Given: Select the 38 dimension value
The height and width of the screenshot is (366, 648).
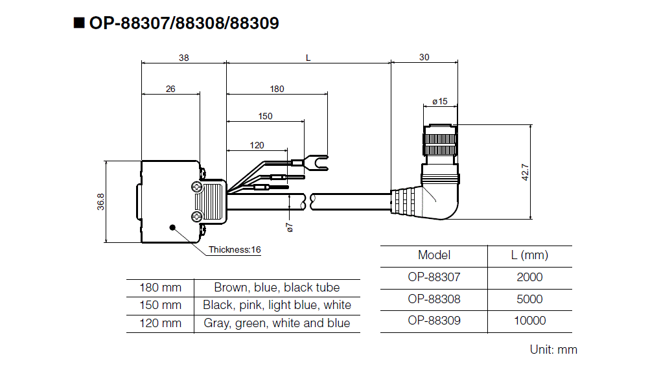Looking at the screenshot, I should (x=184, y=57).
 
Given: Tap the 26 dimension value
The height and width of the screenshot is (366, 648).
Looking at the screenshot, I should (x=170, y=89).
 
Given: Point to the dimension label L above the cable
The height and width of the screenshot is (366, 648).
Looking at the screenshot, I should (x=308, y=57).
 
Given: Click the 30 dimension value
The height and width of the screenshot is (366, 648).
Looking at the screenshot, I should (x=424, y=57).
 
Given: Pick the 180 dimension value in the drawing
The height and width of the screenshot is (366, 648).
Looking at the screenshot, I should (x=277, y=89).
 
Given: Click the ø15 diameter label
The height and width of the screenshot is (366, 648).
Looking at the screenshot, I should (x=440, y=102).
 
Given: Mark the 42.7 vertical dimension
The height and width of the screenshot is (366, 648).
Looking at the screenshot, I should (x=526, y=172).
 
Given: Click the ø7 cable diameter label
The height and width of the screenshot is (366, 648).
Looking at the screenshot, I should (x=290, y=227).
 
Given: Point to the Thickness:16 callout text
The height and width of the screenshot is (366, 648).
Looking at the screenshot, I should (x=235, y=249).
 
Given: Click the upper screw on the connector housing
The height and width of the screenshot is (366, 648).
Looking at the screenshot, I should (x=197, y=187).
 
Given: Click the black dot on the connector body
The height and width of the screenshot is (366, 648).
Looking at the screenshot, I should (x=172, y=227).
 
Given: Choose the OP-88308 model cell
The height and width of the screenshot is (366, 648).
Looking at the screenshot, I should (x=434, y=299).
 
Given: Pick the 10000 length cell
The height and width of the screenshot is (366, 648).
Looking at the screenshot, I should (x=529, y=321).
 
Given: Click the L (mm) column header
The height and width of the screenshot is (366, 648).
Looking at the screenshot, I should (x=529, y=255).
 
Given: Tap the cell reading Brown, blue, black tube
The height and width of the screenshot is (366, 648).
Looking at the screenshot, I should (x=277, y=287).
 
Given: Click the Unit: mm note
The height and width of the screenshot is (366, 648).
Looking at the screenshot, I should (x=553, y=350).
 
